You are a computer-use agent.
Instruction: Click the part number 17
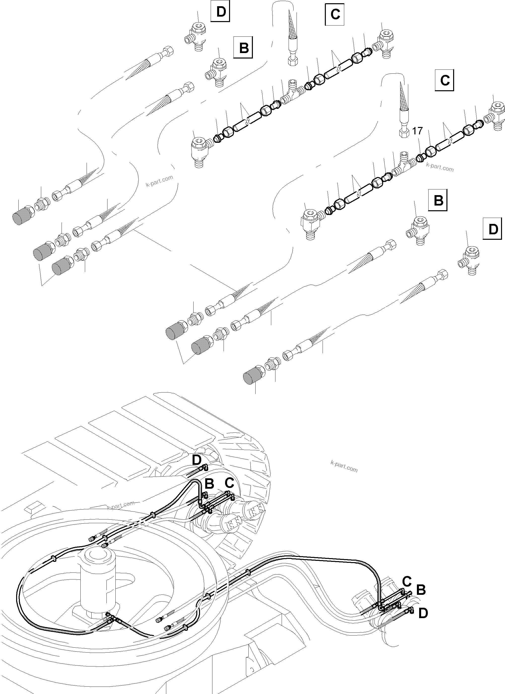tap(417, 131)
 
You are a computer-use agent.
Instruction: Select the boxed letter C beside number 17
tap(444, 81)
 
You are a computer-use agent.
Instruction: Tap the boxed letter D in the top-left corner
tap(221, 12)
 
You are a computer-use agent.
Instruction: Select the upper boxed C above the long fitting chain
tap(335, 14)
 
